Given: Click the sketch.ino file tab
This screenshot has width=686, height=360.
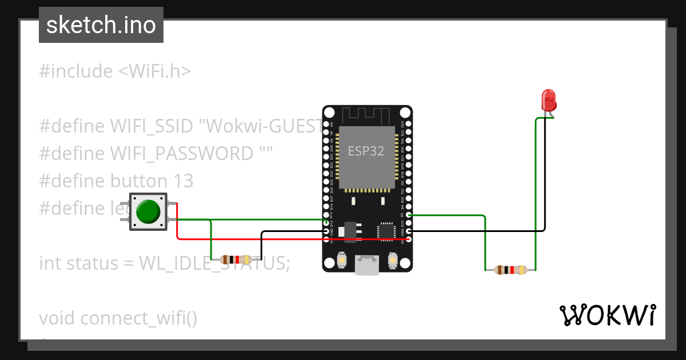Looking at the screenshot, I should (101, 25).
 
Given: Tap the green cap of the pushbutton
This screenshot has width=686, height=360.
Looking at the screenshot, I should (149, 211).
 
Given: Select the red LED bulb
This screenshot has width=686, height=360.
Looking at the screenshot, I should (549, 101).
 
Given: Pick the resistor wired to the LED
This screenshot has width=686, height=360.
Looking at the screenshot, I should (510, 270).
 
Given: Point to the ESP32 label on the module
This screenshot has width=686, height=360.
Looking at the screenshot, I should (366, 151).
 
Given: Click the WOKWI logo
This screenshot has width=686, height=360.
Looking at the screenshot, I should (607, 315).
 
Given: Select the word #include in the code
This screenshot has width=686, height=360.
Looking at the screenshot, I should (76, 71).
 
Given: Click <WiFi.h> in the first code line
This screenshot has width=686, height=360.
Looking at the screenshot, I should (154, 71).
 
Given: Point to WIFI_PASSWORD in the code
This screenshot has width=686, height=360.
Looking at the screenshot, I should (182, 154).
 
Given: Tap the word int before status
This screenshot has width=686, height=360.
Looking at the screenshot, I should (50, 263).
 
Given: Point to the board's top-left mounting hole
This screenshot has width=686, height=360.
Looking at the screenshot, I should (330, 113).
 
